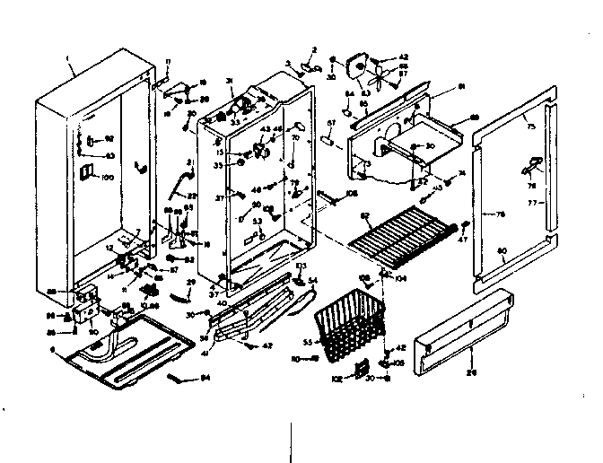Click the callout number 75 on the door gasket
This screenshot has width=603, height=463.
coord(530,127)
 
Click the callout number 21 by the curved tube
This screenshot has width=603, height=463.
coord(189,162)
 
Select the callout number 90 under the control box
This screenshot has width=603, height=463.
coord(93,332)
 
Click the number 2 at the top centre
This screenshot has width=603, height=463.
coord(315,50)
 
